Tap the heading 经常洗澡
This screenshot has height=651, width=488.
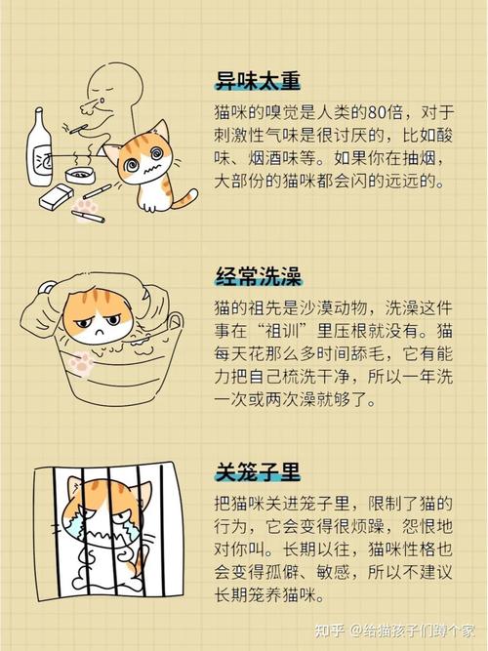[258, 275]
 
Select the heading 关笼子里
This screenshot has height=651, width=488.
[258, 472]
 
